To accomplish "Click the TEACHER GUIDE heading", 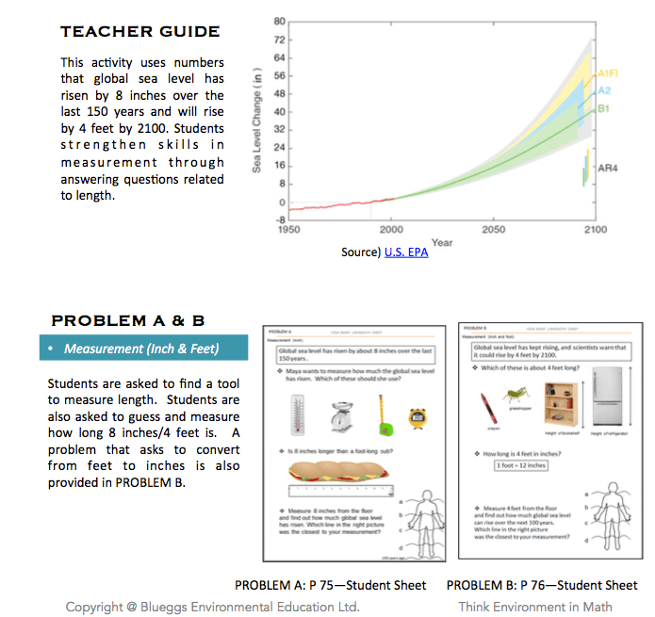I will (140, 32).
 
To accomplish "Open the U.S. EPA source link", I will (406, 253).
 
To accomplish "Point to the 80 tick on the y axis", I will (280, 21).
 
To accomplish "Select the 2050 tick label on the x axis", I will (493, 229).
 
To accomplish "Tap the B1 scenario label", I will (603, 109).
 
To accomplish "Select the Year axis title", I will (441, 241).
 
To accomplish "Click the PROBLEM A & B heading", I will (127, 320).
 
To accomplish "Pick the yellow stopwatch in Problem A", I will (418, 417).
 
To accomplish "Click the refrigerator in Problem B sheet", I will (612, 400).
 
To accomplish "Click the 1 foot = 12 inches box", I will (520, 465).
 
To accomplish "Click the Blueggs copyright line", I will (212, 607).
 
